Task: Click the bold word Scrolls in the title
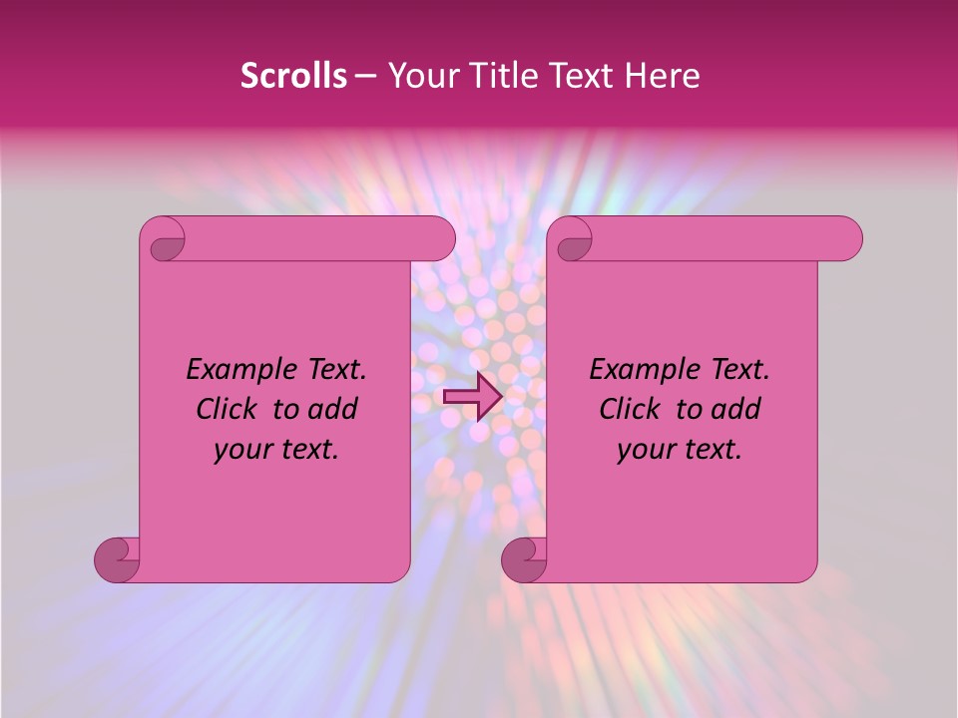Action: click(293, 75)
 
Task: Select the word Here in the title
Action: click(662, 75)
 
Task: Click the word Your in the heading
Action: click(419, 75)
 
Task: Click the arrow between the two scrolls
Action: click(471, 396)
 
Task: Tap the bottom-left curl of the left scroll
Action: click(119, 559)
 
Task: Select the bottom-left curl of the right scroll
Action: click(526, 559)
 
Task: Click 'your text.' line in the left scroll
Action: click(276, 449)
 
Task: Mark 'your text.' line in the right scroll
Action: click(680, 449)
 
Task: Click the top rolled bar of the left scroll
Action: click(319, 238)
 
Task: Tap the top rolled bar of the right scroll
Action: click(726, 238)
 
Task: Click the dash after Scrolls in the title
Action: click(364, 76)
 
